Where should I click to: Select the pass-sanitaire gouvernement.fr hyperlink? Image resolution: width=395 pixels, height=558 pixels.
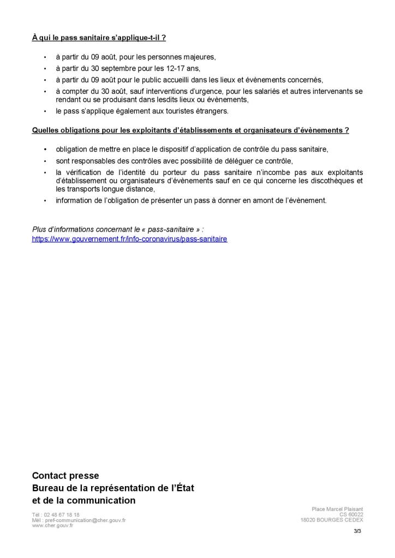pos(130,239)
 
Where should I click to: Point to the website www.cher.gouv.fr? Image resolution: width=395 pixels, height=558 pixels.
pos(53,525)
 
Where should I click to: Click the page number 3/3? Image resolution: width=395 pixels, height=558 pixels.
pos(358,531)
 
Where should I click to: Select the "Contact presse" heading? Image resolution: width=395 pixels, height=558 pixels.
pos(65,476)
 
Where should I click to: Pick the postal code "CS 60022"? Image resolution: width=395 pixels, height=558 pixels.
pos(351,514)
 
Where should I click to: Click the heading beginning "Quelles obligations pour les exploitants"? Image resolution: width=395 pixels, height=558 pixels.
pos(190,131)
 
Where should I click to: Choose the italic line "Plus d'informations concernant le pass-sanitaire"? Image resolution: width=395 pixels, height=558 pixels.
pos(118,229)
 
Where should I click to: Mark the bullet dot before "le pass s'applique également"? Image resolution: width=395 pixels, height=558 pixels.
pos(45,112)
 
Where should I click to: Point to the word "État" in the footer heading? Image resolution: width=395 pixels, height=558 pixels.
pos(184,488)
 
